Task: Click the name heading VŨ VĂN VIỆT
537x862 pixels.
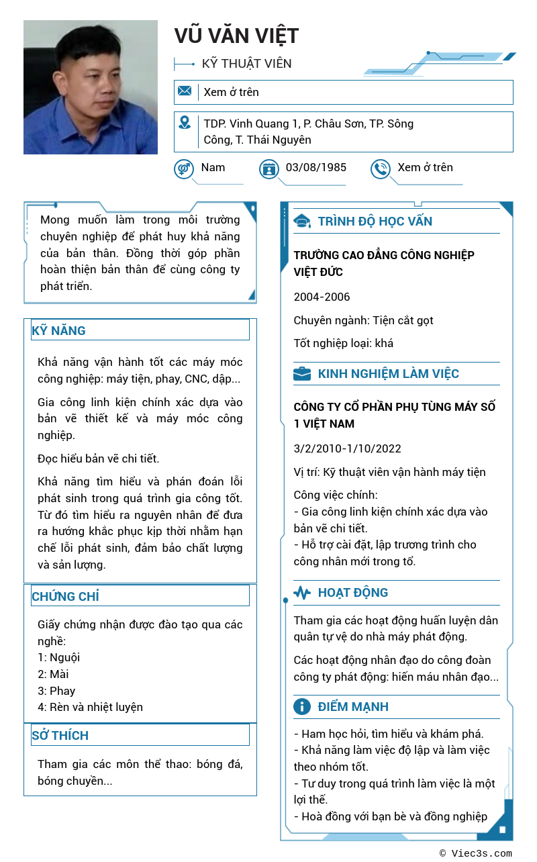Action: coord(236,36)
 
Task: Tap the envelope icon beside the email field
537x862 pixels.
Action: coord(185,91)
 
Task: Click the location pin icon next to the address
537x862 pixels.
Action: coord(185,123)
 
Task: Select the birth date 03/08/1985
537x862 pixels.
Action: coord(316,167)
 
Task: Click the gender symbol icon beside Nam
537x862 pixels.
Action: coord(184,169)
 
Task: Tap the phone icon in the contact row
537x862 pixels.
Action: coord(381,169)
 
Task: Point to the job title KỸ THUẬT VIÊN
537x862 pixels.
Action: coord(247,64)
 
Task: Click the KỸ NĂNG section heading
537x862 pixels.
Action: coord(59,330)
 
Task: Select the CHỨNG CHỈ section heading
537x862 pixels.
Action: coord(65,596)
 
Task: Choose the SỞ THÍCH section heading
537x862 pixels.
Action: coord(60,735)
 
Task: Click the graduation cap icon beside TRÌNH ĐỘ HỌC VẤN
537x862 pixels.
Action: coord(302,222)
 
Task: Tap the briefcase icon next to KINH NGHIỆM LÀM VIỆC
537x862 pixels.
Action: coord(302,374)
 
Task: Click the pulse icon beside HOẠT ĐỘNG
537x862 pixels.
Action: coord(302,593)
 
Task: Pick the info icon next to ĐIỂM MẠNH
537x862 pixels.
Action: coord(302,706)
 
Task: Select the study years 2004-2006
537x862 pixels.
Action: coord(322,297)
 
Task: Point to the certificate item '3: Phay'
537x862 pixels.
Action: coord(56,691)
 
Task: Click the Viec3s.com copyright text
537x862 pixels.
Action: coord(476,853)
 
